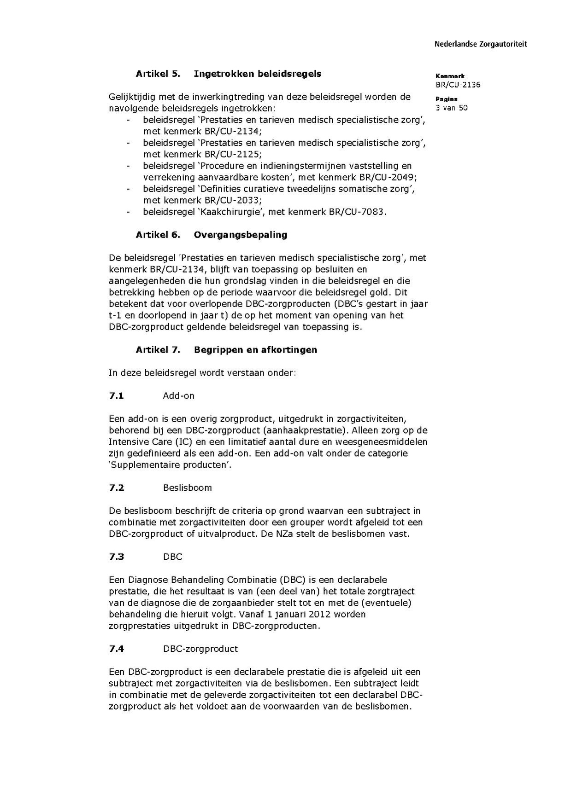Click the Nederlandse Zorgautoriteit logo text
pyautogui.click(x=480, y=44)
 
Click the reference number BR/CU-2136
pyautogui.click(x=458, y=85)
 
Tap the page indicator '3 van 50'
pyautogui.click(x=452, y=108)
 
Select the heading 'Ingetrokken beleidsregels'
pyautogui.click(x=257, y=74)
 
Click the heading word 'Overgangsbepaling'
pyautogui.click(x=240, y=235)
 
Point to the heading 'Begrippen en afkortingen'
pyautogui.click(x=255, y=350)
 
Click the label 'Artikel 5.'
pyautogui.click(x=157, y=74)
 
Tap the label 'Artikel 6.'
pyautogui.click(x=157, y=235)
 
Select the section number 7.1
pyautogui.click(x=117, y=396)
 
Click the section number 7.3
pyautogui.click(x=117, y=557)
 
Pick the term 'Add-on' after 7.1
pyautogui.click(x=178, y=396)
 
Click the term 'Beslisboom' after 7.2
pyautogui.click(x=187, y=488)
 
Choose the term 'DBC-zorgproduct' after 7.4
pyautogui.click(x=200, y=649)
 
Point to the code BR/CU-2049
pyautogui.click(x=388, y=177)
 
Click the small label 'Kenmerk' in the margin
pyautogui.click(x=450, y=76)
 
